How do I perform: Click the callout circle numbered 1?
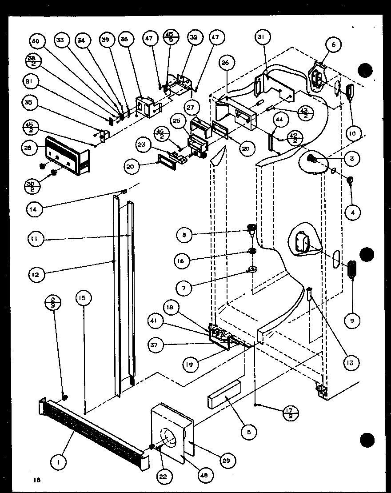coord(59,462)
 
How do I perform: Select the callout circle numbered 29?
coord(229,461)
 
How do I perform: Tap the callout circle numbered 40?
coord(35,41)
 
